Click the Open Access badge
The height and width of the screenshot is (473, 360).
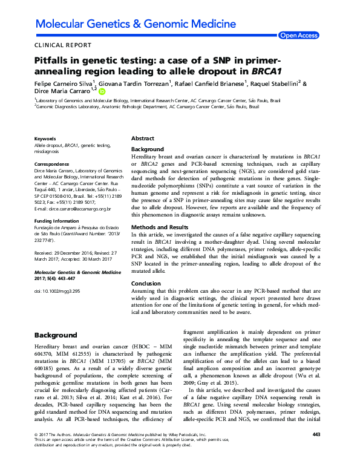(x=298, y=36)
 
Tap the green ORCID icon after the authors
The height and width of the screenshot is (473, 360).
(x=102, y=91)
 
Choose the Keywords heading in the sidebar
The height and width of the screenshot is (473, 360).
(x=46, y=139)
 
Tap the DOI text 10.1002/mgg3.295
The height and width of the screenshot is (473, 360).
(x=57, y=291)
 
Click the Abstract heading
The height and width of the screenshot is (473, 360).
(x=143, y=139)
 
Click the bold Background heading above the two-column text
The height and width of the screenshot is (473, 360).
(x=55, y=334)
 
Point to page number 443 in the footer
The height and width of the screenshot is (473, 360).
(x=316, y=451)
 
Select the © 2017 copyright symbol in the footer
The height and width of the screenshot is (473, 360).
(x=37, y=451)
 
